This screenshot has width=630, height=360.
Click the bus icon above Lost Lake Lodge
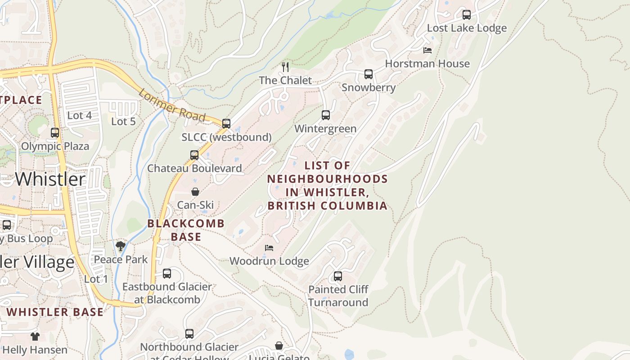point(467,15)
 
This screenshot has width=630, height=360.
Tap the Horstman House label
point(427,64)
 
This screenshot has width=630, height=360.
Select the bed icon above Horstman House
point(427,50)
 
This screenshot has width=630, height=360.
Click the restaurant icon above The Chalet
point(285,67)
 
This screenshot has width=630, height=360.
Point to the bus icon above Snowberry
point(369,74)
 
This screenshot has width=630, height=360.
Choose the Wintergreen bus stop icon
point(326,115)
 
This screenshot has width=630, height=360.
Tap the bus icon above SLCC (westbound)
point(226,123)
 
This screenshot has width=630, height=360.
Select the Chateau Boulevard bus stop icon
point(194,155)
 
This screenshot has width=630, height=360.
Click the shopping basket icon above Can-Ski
point(195,192)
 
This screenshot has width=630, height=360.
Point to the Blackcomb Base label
point(186,229)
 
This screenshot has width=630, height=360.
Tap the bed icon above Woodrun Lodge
point(269,248)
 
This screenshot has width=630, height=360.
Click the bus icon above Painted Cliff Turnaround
point(338,276)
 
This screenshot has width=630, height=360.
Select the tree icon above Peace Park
point(120,246)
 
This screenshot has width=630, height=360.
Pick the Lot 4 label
point(79,116)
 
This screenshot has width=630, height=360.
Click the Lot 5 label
point(123,121)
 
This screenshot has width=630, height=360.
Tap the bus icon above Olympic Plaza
point(55,133)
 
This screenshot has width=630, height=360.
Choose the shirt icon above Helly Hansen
point(35,336)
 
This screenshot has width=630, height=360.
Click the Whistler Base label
point(55,312)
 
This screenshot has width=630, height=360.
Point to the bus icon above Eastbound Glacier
point(167,273)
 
